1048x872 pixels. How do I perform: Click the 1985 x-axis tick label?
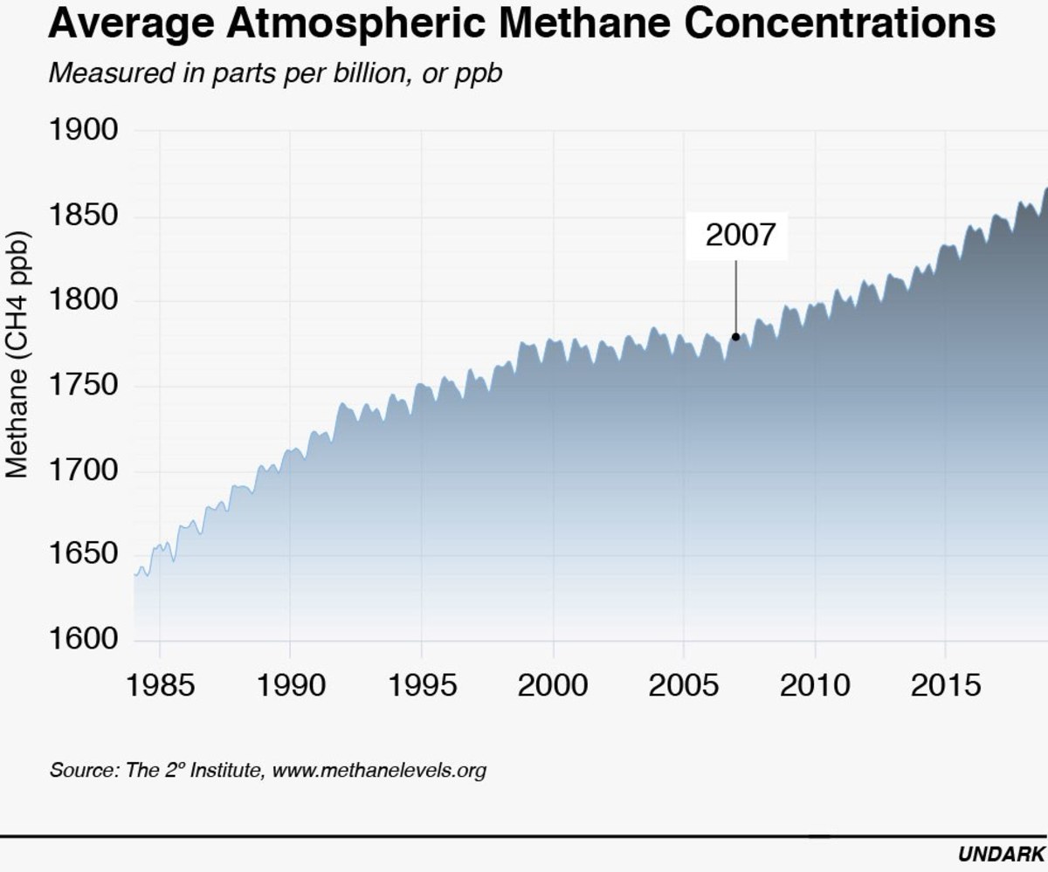click(160, 685)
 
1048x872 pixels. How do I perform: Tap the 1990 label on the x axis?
click(290, 685)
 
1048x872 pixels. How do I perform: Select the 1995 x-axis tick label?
click(422, 685)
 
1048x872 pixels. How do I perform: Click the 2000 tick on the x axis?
click(553, 685)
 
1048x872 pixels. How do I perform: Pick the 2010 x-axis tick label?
click(815, 685)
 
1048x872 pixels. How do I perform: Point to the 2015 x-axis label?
click(946, 685)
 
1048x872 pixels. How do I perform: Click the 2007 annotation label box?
click(737, 236)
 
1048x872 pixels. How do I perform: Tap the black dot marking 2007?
click(736, 337)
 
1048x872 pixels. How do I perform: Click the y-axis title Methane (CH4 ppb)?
click(19, 354)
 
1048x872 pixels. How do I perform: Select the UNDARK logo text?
click(1001, 853)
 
